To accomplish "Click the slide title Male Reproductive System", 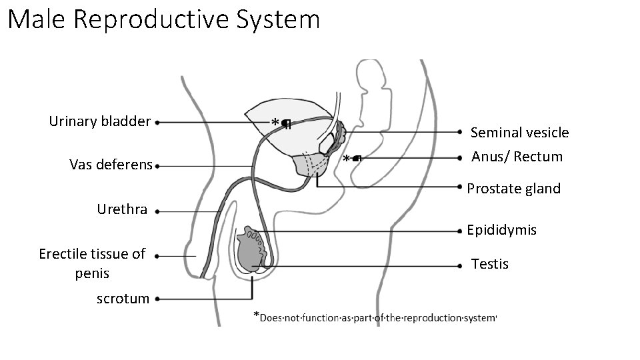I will [163, 20].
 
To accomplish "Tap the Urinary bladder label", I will [99, 121].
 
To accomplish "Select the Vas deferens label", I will [111, 165].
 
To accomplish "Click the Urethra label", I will [122, 209].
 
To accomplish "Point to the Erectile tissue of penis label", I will [92, 263].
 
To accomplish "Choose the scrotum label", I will [123, 299].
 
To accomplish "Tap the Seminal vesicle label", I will [520, 133].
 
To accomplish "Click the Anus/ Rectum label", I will [517, 157].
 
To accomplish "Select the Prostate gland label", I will [514, 189].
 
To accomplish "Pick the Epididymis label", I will [501, 230].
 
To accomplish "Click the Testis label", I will [490, 264].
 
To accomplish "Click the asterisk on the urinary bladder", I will [275, 122].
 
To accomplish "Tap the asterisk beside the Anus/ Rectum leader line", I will [345, 159].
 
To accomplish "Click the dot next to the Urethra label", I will [157, 211].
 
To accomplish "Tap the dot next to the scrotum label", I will [158, 299].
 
